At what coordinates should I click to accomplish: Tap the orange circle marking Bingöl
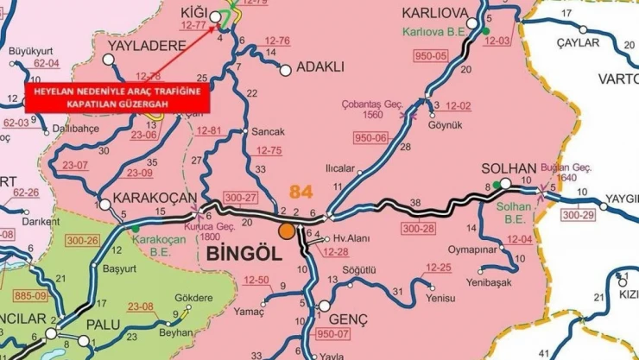286,231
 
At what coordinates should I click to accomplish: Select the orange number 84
301,191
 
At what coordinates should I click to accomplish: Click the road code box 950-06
371,137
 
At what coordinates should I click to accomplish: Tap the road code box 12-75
270,150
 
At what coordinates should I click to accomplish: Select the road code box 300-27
241,198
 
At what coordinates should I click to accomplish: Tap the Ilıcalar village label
339,168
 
